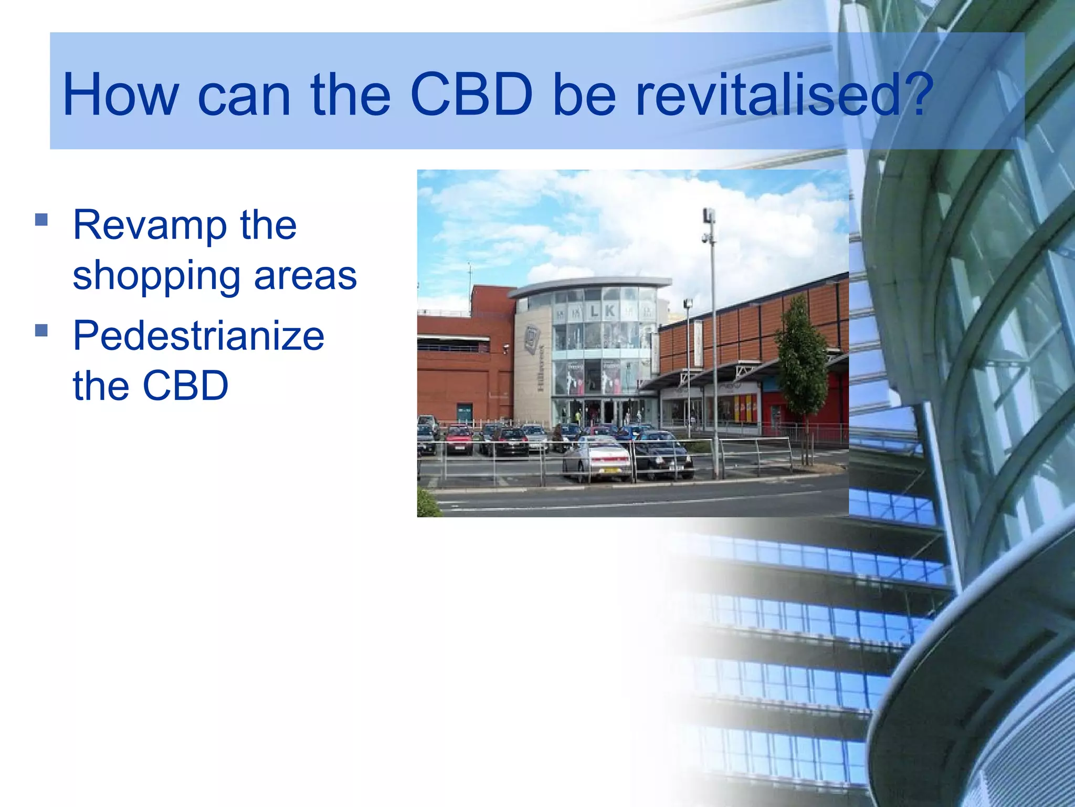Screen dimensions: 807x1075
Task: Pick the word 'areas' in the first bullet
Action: coord(305,275)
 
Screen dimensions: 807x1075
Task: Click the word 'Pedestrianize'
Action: coord(198,336)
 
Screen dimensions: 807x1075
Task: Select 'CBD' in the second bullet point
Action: coord(185,386)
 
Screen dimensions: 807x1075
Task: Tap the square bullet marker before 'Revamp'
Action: coord(41,219)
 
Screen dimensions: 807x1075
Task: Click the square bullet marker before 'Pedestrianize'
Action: coord(41,330)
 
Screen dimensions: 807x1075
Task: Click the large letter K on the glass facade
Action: coord(609,311)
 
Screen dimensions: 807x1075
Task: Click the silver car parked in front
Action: coord(597,459)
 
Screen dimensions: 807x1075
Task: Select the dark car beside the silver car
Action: coord(662,456)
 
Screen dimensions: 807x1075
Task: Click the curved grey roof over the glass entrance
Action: coord(591,285)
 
